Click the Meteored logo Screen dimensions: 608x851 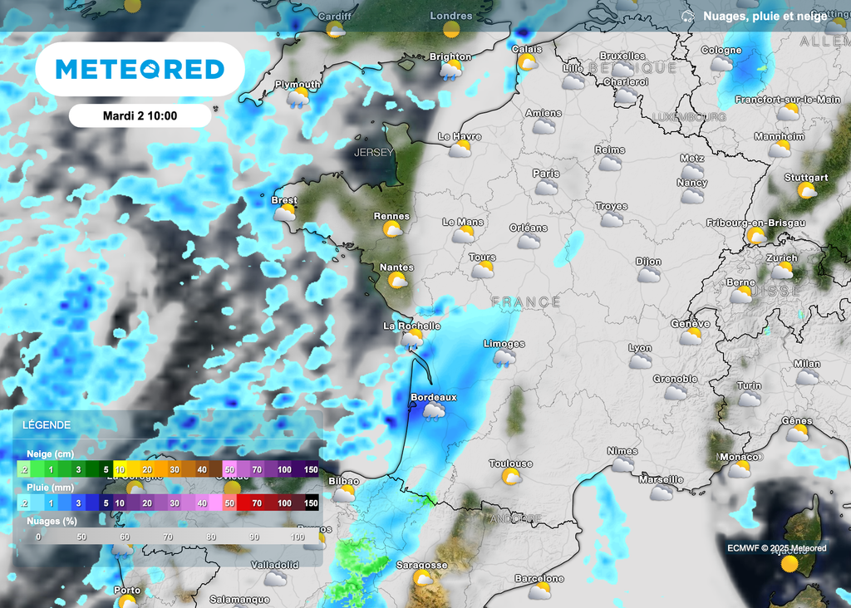[140, 69]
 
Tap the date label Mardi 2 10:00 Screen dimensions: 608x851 [140, 115]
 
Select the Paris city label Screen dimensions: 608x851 [546, 174]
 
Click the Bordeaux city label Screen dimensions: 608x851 [434, 397]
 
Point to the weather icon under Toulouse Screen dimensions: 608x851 [511, 477]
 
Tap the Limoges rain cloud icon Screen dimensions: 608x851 [504, 358]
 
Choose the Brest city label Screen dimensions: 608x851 [284, 200]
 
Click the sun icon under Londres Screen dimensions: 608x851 [451, 30]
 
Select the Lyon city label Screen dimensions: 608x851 [640, 348]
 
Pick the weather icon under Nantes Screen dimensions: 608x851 [398, 281]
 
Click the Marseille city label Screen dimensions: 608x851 [661, 479]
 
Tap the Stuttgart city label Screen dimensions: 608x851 [806, 178]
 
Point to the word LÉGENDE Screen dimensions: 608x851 [47, 424]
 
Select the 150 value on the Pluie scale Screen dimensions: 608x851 [311, 503]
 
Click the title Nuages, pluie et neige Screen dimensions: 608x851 [765, 15]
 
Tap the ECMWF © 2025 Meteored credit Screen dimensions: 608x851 [776, 547]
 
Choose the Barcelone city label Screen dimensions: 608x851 [539, 578]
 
